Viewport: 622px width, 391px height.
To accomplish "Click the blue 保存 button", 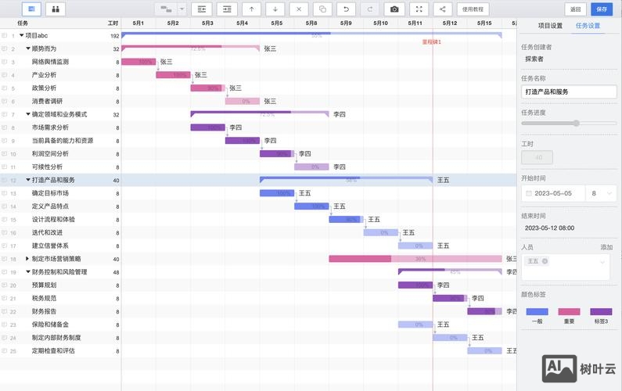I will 601,9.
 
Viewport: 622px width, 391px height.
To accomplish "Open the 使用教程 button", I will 473,9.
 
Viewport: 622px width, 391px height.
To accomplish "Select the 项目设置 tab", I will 545,26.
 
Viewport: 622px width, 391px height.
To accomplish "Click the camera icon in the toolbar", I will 394,9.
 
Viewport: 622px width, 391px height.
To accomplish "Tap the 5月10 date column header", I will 381,23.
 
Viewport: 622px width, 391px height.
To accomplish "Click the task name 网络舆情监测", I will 50,61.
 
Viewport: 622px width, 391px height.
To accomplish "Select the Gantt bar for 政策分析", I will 207,88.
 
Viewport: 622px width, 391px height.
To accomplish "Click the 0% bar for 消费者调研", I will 242,101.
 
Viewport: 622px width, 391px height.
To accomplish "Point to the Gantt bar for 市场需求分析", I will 207,127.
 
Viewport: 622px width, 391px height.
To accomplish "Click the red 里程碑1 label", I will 431,41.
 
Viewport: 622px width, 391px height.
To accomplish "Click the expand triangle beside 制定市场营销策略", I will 27,259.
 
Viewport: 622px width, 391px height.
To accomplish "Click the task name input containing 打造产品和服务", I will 564,91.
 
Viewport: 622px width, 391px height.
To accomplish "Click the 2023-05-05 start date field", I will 554,193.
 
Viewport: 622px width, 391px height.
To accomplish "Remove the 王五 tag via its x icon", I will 545,261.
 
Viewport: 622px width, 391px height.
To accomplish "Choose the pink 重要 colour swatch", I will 569,311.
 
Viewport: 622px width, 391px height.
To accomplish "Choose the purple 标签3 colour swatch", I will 601,311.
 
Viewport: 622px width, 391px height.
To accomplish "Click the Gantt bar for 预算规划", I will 415,285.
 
